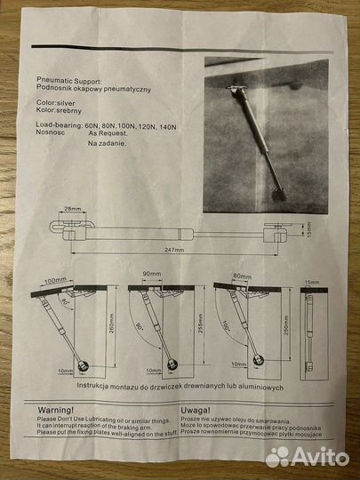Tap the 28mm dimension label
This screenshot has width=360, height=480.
point(73,210)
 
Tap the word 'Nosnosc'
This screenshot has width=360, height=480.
point(52,133)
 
